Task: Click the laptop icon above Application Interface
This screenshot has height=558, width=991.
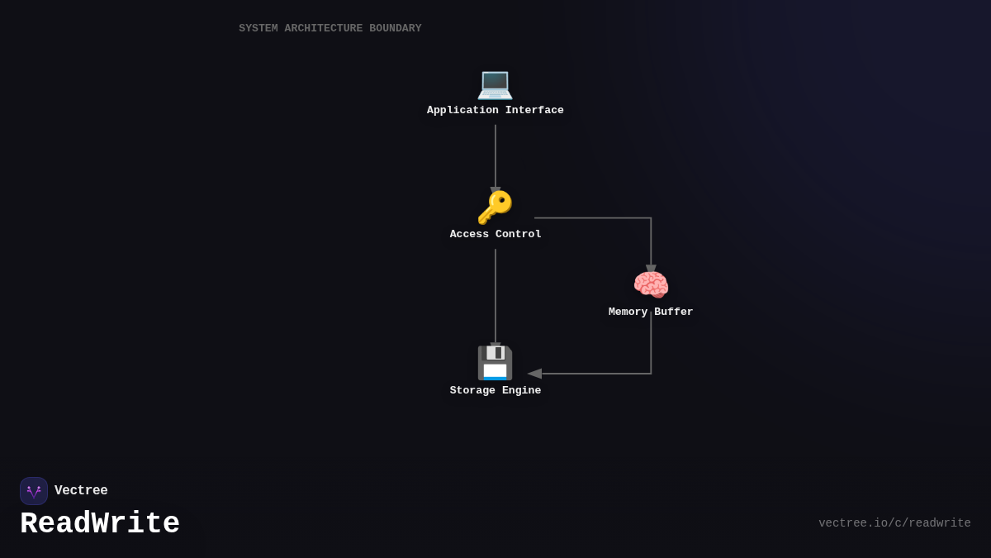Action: tap(495, 83)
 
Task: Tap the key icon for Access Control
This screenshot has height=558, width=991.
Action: tap(495, 207)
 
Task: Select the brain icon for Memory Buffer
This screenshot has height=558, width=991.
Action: tap(651, 285)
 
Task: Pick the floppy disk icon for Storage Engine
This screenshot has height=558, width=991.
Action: tap(495, 363)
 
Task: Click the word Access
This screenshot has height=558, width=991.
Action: tap(469, 235)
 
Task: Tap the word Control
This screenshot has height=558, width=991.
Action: tap(519, 235)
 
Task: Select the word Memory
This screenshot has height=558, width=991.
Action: tap(628, 312)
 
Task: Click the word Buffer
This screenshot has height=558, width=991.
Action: tap(674, 312)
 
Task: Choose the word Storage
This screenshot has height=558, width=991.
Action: tap(472, 391)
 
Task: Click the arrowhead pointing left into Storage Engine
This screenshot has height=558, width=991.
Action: tap(534, 374)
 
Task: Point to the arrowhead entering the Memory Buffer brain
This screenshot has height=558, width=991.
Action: tap(651, 269)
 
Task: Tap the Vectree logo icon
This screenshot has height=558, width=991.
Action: tap(34, 491)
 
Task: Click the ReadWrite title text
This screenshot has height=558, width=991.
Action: tap(100, 524)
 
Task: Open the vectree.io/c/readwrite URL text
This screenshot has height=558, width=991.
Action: tap(894, 523)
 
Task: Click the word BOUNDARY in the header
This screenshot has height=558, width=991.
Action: tap(395, 29)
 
